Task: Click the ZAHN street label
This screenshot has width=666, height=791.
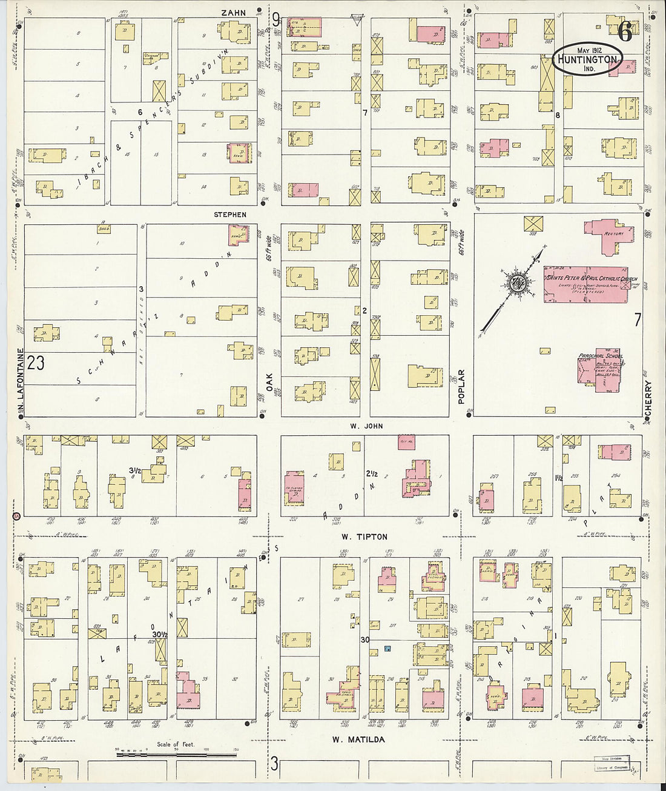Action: click(234, 13)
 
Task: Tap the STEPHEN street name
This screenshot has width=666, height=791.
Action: click(230, 215)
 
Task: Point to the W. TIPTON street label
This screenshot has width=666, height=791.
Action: click(364, 537)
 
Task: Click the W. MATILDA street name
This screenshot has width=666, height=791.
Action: click(358, 739)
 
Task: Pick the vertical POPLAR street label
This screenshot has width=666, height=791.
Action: click(461, 386)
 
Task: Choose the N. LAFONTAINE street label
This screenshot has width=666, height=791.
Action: click(20, 379)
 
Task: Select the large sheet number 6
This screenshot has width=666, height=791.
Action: click(625, 32)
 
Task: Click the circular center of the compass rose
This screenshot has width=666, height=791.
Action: click(517, 283)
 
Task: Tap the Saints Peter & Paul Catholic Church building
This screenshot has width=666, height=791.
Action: click(585, 284)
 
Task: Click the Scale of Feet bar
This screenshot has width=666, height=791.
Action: click(176, 755)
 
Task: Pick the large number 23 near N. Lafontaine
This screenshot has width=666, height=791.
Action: click(36, 362)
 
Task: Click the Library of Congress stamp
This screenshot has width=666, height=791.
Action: click(612, 767)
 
